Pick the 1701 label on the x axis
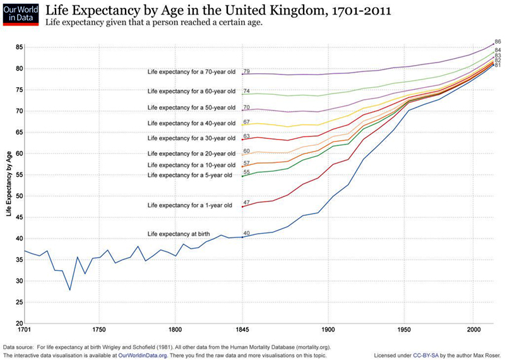(x=25, y=330)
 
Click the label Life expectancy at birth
(x=179, y=234)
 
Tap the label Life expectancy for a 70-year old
(x=191, y=71)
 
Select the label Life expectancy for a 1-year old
(x=189, y=205)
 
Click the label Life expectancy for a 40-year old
(x=191, y=123)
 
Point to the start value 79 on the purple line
(x=247, y=71)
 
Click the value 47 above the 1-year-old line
(x=247, y=202)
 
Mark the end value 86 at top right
(x=497, y=41)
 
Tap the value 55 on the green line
(x=247, y=172)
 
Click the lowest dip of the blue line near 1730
(x=70, y=290)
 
